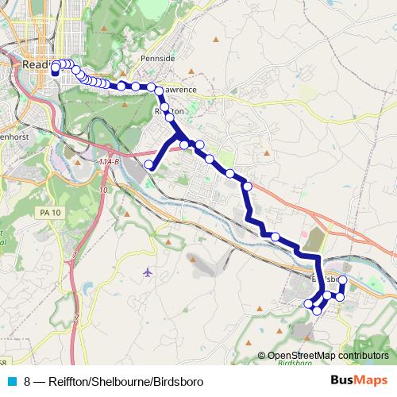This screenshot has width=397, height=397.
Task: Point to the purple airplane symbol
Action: tap(148, 272)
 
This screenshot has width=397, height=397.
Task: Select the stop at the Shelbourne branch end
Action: tap(148, 164)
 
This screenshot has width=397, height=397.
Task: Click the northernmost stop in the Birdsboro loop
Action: tap(343, 280)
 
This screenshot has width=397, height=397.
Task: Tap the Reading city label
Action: tap(38, 64)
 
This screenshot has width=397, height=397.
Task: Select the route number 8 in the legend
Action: tap(28, 381)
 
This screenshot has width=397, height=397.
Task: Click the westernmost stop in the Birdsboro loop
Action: tap(309, 303)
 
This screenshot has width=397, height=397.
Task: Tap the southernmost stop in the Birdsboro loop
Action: tap(317, 310)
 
